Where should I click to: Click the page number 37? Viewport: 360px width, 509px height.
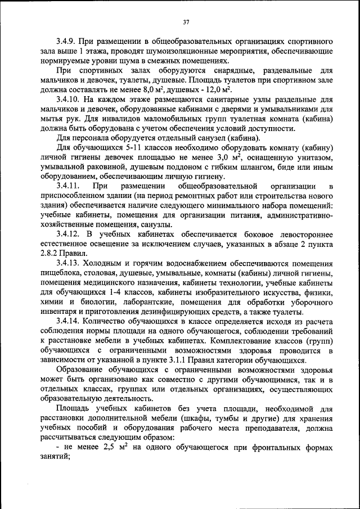186,22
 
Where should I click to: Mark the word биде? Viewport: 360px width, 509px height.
291,166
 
